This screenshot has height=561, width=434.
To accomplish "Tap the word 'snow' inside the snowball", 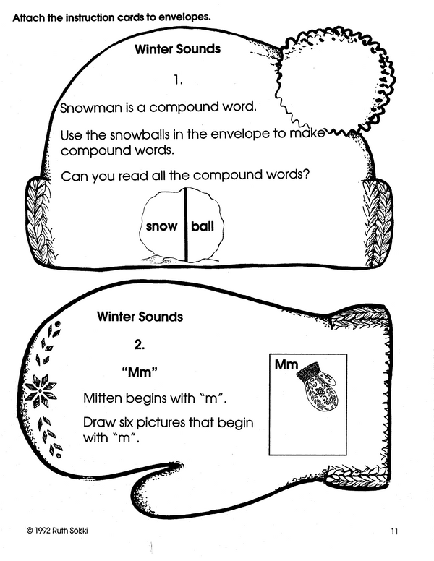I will pos(161,226).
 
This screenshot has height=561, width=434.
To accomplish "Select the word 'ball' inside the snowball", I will pos(203,226).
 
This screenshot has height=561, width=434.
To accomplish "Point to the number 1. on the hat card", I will pos(179,79).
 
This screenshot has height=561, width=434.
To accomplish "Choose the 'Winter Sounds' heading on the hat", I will pos(177,51).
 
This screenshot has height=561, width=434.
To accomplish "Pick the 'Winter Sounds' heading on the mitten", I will pos(140,317).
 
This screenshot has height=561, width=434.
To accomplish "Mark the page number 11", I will pos(393,532).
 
